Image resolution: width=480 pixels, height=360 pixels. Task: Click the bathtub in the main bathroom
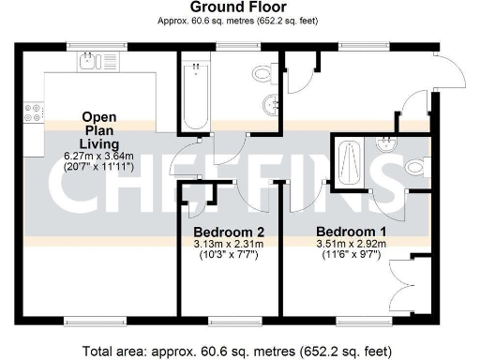[x=195, y=94]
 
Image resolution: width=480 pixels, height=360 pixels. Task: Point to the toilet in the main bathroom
[x=262, y=73]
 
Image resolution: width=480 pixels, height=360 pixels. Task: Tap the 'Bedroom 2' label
[x=229, y=232]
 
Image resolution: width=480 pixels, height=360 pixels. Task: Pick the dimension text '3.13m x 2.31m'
[x=229, y=244]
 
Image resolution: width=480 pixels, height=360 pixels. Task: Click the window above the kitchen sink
[x=90, y=45]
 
